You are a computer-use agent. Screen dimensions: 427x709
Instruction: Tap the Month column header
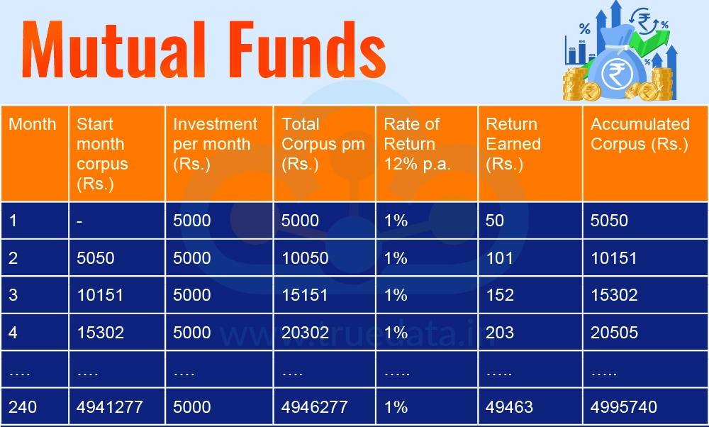coord(32,124)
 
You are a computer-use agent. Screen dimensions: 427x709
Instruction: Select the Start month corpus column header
coord(103,154)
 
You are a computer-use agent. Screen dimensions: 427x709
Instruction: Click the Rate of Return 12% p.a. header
coord(418,144)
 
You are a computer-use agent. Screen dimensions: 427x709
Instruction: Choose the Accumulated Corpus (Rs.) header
coord(640,134)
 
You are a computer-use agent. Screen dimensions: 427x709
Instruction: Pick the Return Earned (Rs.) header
coord(513,144)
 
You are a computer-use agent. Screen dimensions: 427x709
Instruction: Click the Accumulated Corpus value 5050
coord(609,221)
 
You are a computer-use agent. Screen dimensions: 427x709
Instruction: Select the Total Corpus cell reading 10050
coord(305,258)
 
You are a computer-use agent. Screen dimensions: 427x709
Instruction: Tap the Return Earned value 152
coord(500,295)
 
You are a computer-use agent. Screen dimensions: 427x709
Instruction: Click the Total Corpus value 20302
coord(305,333)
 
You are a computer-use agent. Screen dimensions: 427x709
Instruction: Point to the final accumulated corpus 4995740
coord(624,407)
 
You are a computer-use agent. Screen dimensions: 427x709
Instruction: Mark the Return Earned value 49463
coord(510,407)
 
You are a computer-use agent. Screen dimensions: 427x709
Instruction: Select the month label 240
coord(23,407)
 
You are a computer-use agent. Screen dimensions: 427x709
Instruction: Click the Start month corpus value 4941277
coord(110,407)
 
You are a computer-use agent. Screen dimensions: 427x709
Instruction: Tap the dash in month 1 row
coord(79,221)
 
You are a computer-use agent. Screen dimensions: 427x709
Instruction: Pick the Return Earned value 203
coord(500,333)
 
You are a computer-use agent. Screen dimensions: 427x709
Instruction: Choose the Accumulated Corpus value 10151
coord(614,258)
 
